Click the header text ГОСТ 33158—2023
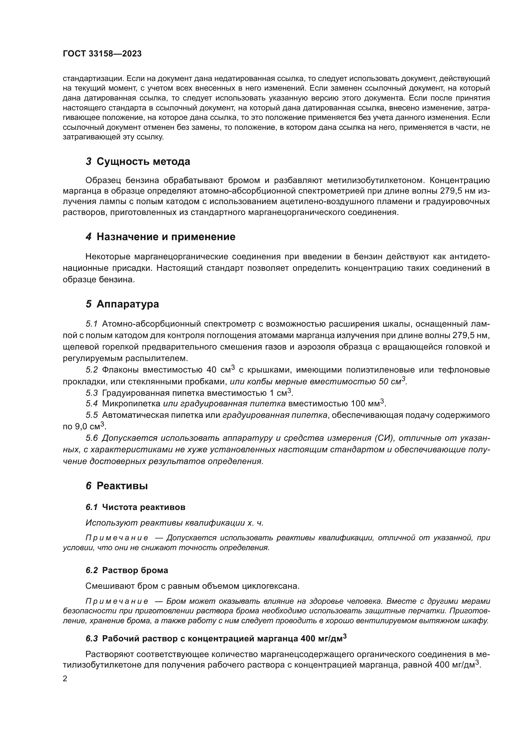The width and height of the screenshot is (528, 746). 102,54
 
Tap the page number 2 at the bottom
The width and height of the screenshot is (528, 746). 65,679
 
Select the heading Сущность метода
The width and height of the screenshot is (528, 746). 143,161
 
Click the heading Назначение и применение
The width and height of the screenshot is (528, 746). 166,237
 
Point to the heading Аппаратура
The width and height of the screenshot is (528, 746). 128,304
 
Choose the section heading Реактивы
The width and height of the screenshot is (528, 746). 122,486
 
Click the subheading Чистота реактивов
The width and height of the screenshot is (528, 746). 143,507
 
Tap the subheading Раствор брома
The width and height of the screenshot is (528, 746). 135,570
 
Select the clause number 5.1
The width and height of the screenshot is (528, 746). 92,324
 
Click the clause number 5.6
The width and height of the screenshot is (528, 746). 92,438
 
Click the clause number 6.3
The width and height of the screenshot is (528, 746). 92,639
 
